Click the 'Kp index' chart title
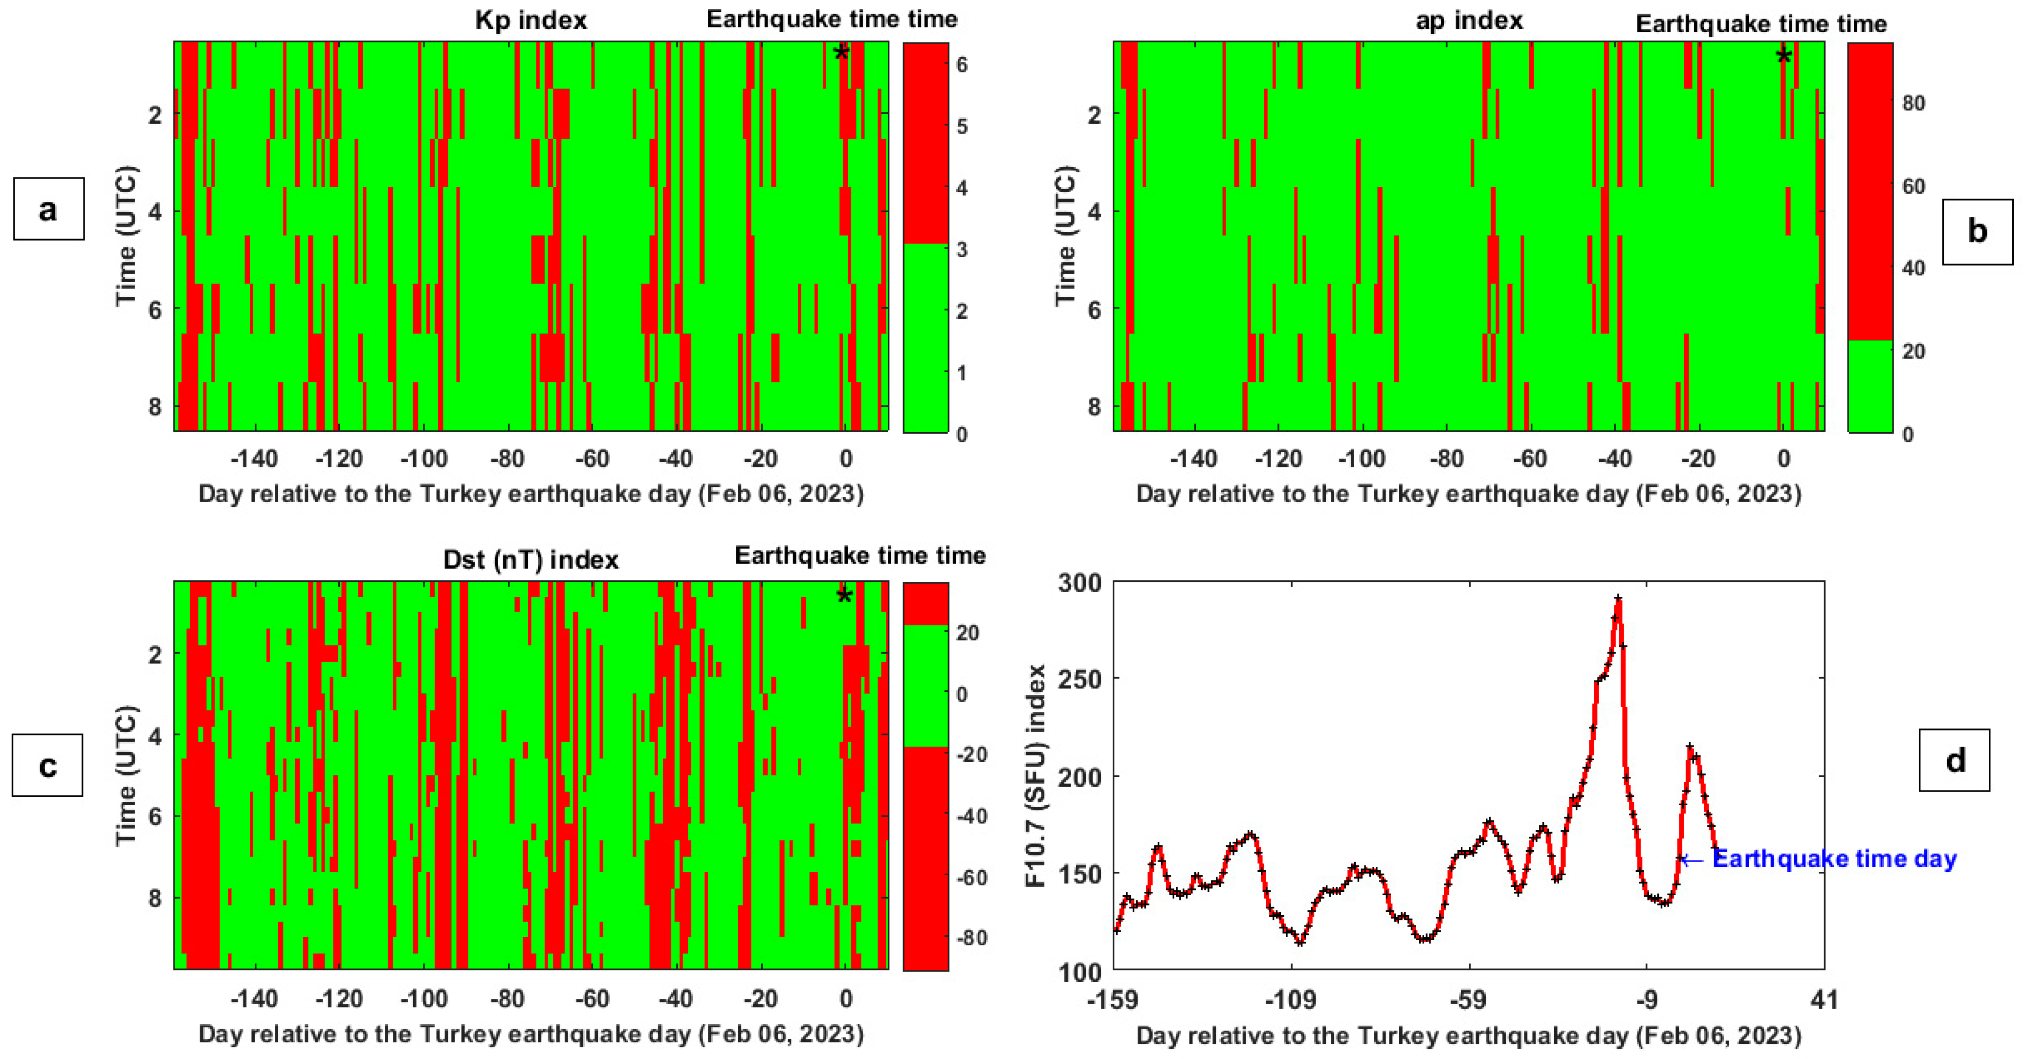pos(531,20)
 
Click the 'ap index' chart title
pos(1469,20)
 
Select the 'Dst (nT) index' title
pos(531,559)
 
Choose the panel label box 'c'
pos(48,765)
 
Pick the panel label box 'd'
pos(1954,760)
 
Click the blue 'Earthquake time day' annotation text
pos(1834,859)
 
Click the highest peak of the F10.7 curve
pos(1618,598)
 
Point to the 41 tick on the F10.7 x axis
pos(1824,999)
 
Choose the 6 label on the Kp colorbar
pos(961,65)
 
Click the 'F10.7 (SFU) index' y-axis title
pos(1036,776)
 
